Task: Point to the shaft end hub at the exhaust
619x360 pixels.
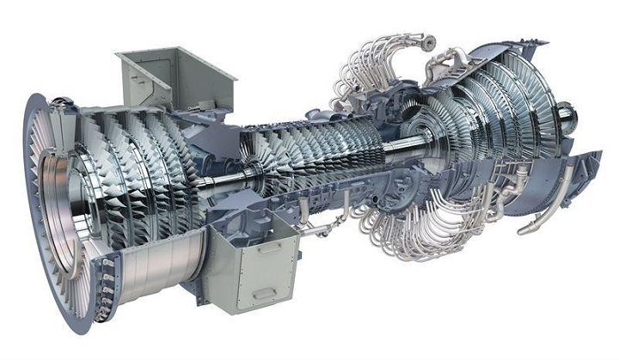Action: click(x=565, y=113)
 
